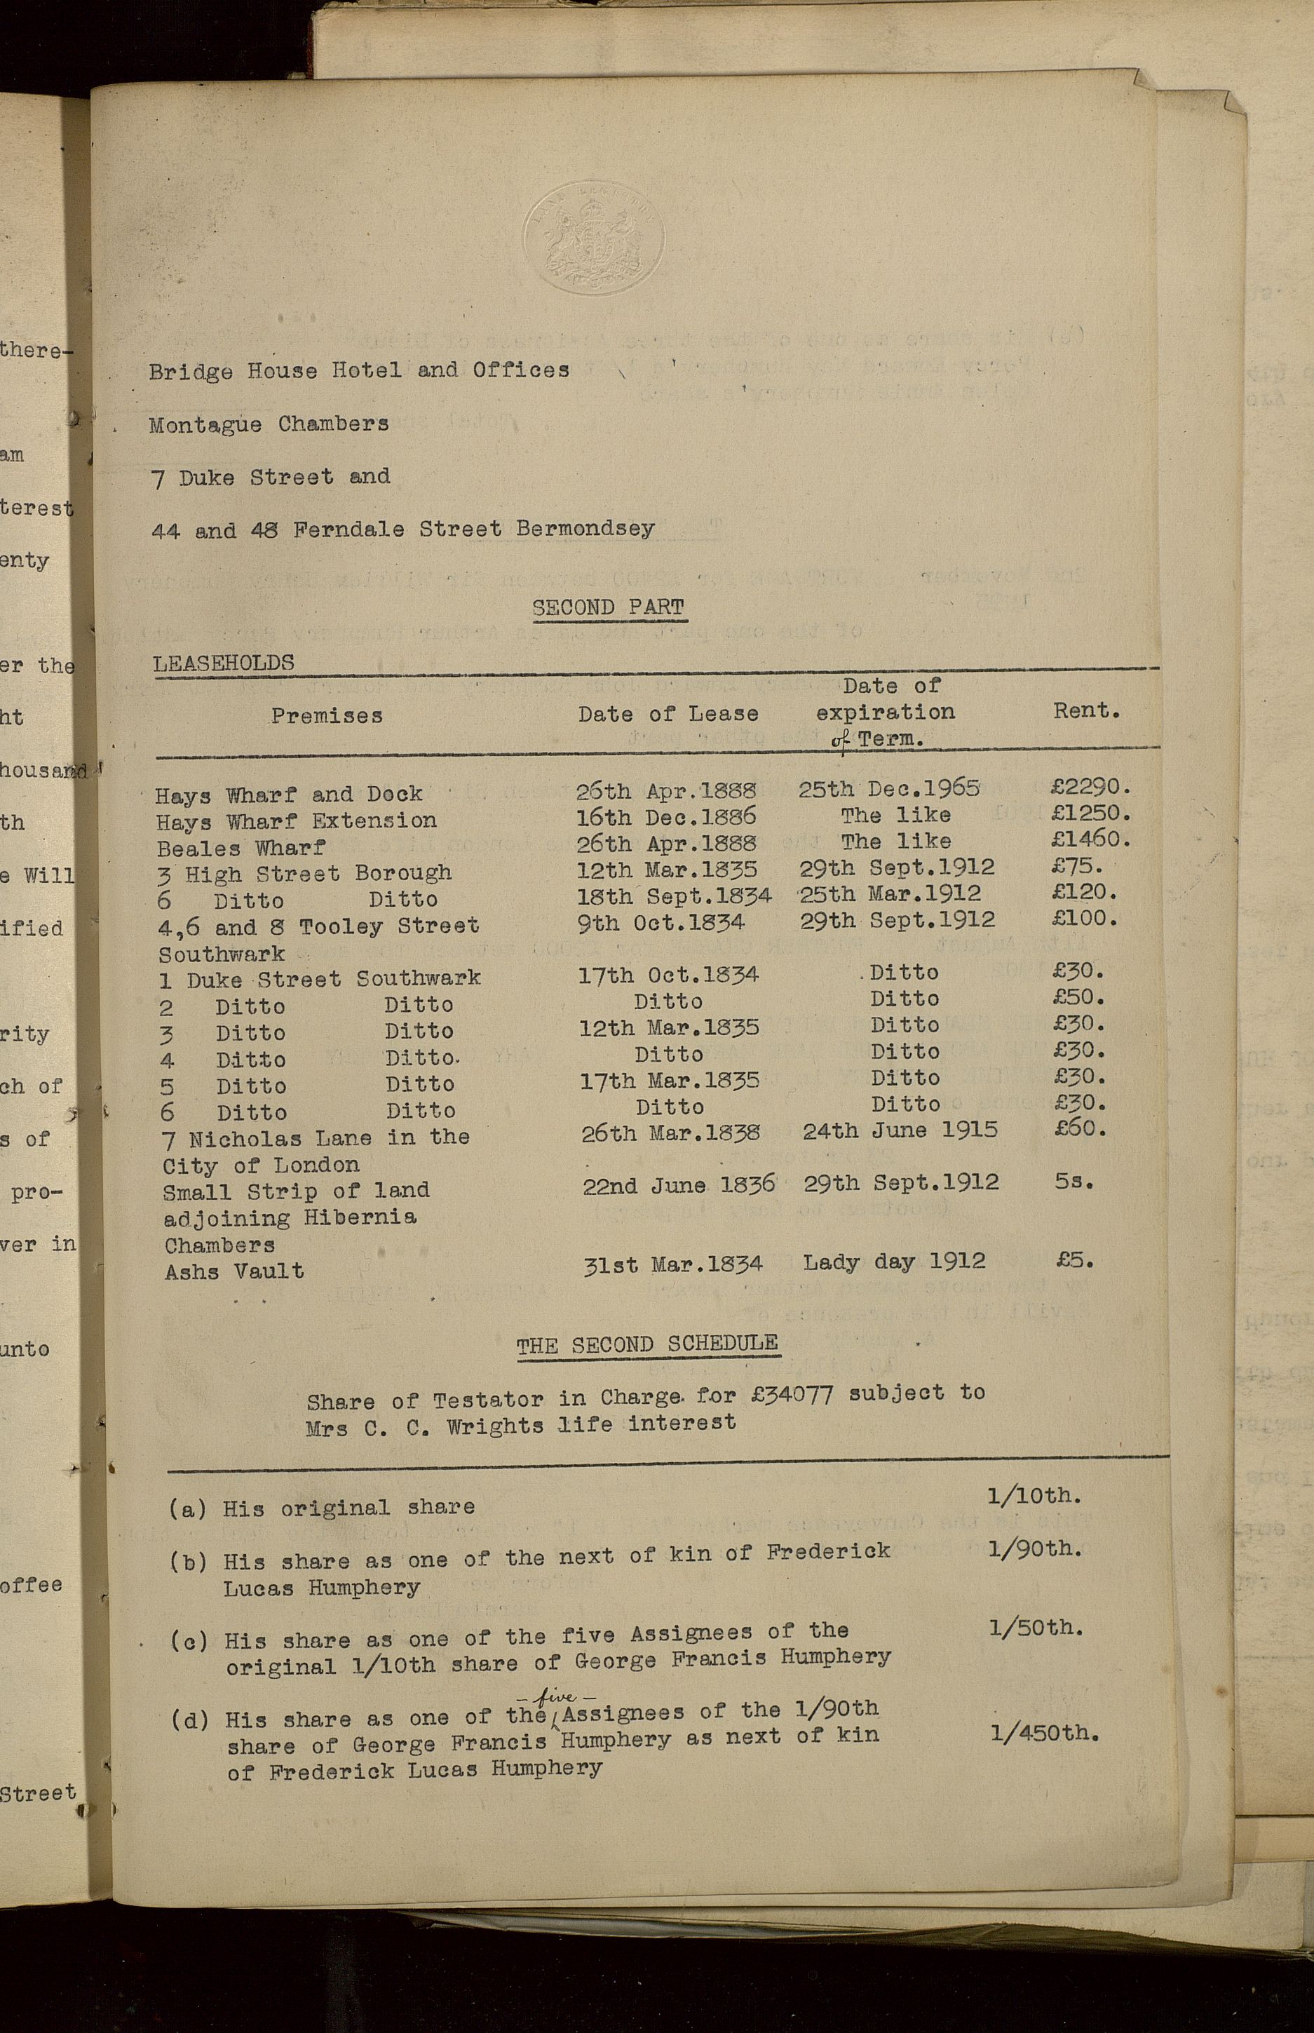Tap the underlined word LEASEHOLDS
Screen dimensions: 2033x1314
click(x=224, y=663)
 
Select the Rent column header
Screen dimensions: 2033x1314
click(x=1085, y=710)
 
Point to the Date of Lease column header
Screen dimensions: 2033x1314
click(x=668, y=713)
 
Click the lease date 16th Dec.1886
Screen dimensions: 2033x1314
click(x=666, y=816)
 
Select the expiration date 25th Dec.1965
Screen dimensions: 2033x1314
click(x=888, y=788)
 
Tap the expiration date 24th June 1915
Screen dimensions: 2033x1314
click(x=900, y=1131)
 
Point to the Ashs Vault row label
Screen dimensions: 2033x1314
click(x=233, y=1271)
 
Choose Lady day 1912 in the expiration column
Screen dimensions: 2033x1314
click(x=893, y=1262)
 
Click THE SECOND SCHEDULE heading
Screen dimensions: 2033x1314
click(x=646, y=1344)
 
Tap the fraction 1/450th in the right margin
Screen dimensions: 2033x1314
click(x=1044, y=1734)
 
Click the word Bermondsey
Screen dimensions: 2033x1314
click(x=585, y=528)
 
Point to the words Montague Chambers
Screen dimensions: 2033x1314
click(x=269, y=424)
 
